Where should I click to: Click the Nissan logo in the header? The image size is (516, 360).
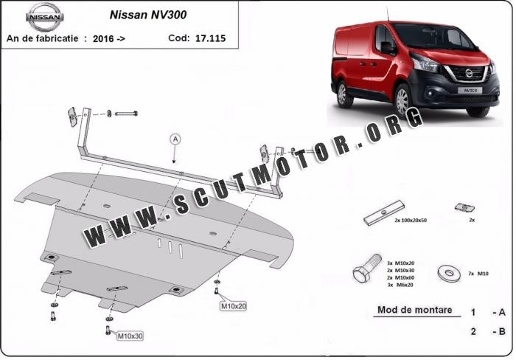point(44,17)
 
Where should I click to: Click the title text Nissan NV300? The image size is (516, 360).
point(147,15)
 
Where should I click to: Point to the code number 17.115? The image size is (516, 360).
point(210,38)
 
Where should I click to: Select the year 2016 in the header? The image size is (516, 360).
point(103,39)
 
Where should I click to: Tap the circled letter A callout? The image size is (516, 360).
point(175,139)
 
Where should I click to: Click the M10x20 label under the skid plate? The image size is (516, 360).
point(234,306)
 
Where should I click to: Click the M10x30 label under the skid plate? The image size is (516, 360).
point(130,336)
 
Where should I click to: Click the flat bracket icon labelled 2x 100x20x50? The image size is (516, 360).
point(384,212)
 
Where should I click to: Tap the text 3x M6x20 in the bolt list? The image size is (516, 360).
point(400,285)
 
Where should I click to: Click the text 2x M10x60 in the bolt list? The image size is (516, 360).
point(400,277)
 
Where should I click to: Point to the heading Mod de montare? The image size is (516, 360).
point(414,310)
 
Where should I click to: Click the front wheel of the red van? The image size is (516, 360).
point(402,100)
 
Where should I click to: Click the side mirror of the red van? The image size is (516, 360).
point(387,48)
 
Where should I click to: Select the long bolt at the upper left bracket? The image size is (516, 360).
point(126,114)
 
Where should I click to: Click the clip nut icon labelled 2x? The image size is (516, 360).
point(464,207)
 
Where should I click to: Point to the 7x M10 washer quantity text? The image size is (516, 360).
point(478,274)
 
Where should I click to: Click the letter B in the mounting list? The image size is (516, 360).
point(502,331)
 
